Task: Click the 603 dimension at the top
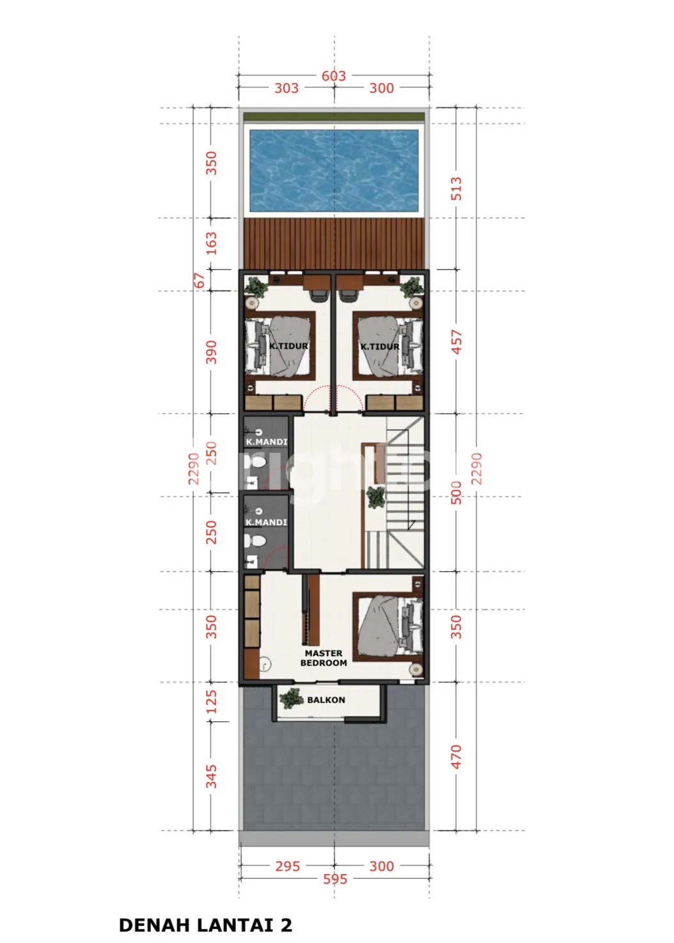click(x=334, y=76)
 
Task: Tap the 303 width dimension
click(x=286, y=88)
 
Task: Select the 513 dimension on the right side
click(x=456, y=188)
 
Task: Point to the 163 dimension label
click(x=211, y=243)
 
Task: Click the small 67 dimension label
click(x=199, y=280)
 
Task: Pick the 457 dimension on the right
click(x=456, y=342)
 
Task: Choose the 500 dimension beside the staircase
click(x=456, y=493)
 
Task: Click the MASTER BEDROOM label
click(x=324, y=658)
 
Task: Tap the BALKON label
click(x=326, y=700)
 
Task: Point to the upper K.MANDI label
click(x=267, y=442)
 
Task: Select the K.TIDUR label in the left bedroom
click(x=288, y=346)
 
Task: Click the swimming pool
click(x=334, y=171)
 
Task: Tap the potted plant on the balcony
click(x=291, y=699)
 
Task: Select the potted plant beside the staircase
click(x=376, y=498)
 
